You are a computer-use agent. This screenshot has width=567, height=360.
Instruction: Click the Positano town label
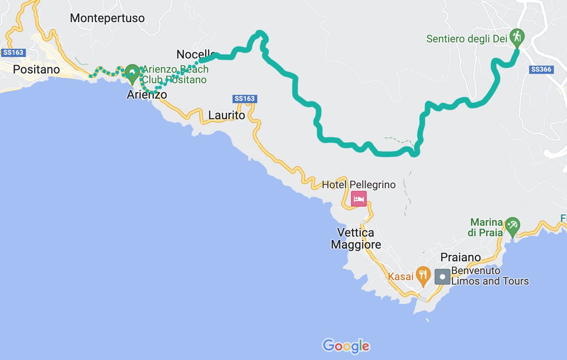36,69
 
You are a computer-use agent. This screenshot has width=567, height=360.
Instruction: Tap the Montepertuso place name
107,18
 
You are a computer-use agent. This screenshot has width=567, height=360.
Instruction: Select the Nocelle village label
195,54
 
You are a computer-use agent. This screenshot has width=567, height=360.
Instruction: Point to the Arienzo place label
146,94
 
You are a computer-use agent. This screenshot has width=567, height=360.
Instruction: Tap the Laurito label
227,115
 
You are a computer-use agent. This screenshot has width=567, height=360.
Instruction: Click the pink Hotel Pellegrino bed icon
359,199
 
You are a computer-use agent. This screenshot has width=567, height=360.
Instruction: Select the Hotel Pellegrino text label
359,185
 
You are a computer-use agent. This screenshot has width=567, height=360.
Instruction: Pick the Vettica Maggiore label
356,239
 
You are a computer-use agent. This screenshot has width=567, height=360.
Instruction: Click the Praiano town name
460,257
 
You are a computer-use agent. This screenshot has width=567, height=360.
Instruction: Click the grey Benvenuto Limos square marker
442,276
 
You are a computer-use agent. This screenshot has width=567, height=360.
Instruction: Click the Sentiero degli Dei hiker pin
517,37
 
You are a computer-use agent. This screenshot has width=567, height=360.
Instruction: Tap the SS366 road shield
541,69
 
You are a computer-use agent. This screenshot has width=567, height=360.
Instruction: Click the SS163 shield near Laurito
244,99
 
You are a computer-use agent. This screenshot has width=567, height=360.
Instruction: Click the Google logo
346,346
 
